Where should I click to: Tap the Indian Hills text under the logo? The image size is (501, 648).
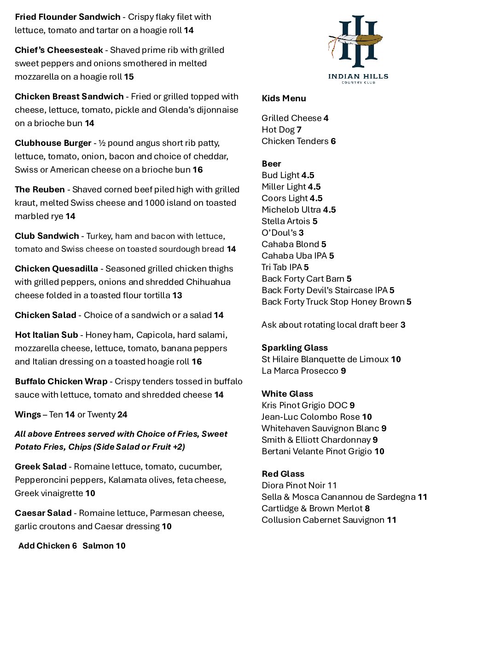(x=358, y=76)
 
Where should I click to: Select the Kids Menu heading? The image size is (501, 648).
(x=284, y=98)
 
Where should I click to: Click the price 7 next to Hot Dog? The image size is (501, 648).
(x=299, y=130)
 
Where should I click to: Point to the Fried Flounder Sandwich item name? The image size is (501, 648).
(x=68, y=17)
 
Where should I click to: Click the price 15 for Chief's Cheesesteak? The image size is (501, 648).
(x=129, y=77)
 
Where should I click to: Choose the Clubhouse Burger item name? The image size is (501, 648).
(x=53, y=143)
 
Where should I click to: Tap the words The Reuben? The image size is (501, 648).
(x=40, y=190)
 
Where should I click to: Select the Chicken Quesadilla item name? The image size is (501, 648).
(x=56, y=269)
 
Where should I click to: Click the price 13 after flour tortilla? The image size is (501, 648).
(x=177, y=295)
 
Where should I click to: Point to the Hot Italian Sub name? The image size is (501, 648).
(x=46, y=335)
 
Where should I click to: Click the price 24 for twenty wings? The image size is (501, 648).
(x=122, y=415)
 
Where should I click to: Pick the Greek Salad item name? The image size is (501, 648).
(x=41, y=467)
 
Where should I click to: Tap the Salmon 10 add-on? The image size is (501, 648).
(x=104, y=546)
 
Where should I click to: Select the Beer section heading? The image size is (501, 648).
(x=271, y=164)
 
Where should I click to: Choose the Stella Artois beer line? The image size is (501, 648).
(x=289, y=221)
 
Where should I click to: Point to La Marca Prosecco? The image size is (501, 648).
(x=303, y=371)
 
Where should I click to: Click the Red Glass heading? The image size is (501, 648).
(x=283, y=474)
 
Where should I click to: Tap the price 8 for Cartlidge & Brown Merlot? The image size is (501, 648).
(x=367, y=509)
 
